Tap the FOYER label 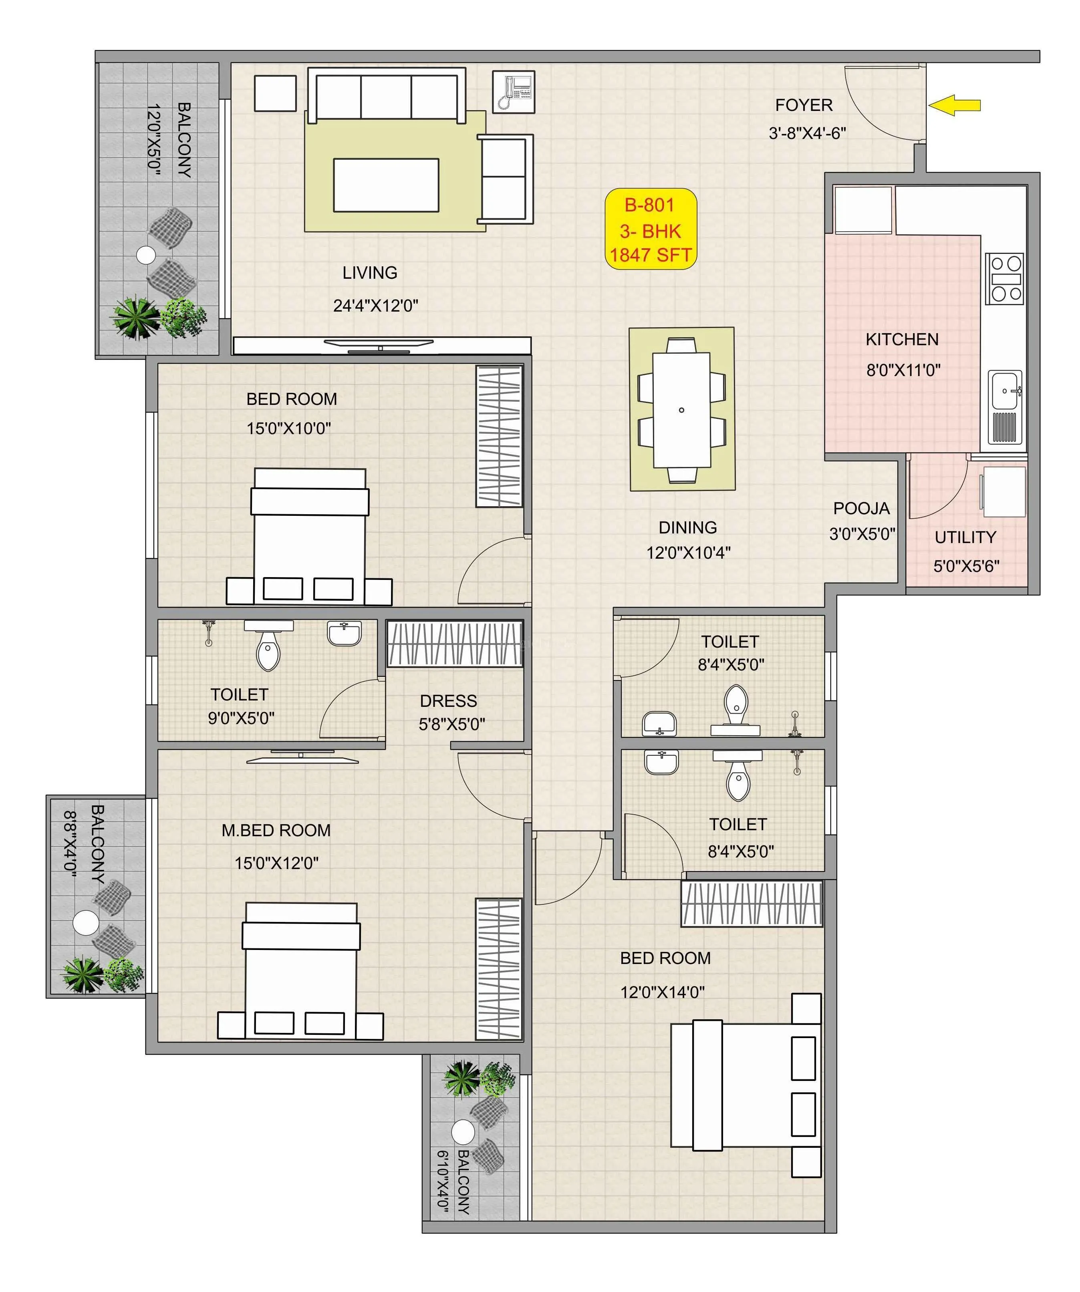pyautogui.click(x=803, y=105)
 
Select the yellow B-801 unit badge pyautogui.click(x=651, y=229)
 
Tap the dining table pyautogui.click(x=681, y=410)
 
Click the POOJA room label pyautogui.click(x=861, y=508)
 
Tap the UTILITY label pyautogui.click(x=964, y=537)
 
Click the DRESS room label pyautogui.click(x=448, y=701)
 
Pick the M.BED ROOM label pyautogui.click(x=276, y=831)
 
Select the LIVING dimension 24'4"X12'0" pyautogui.click(x=375, y=305)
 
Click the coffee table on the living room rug pyautogui.click(x=386, y=185)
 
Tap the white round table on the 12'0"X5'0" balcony pyautogui.click(x=146, y=254)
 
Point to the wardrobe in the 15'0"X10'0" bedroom pyautogui.click(x=498, y=436)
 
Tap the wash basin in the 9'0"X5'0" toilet pyautogui.click(x=344, y=633)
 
